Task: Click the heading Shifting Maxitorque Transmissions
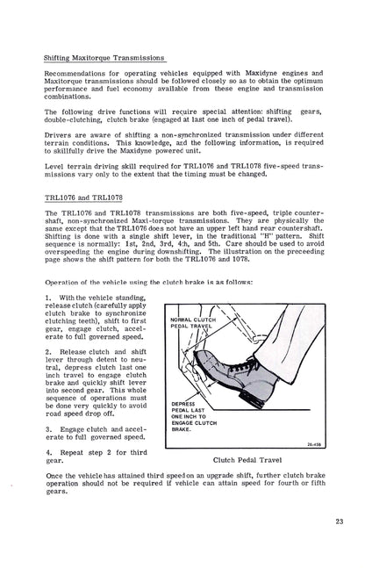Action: coord(104,58)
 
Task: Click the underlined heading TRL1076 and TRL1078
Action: coord(83,198)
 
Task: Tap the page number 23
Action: coord(340,521)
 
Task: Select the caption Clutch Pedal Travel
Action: coord(247,460)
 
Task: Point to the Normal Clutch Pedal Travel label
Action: coord(193,323)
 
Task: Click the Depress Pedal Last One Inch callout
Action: coord(194,417)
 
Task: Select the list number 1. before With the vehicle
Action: coord(48,298)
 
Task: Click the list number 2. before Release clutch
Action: coord(49,352)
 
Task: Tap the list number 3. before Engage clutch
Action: coord(49,429)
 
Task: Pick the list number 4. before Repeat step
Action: coord(49,452)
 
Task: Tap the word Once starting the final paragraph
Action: coord(54,476)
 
